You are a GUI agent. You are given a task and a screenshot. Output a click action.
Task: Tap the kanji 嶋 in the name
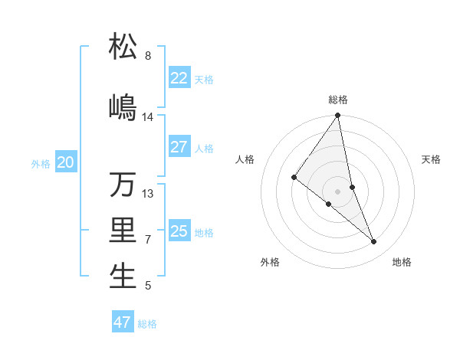(123, 106)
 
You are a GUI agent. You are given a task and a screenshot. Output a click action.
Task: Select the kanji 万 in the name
(123, 184)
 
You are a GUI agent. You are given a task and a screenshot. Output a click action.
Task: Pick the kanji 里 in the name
(123, 231)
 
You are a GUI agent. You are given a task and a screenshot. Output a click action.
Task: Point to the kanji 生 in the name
(123, 277)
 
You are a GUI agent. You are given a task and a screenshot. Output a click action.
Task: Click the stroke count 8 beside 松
(148, 56)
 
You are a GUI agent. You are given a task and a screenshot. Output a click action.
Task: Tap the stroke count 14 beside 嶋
(148, 117)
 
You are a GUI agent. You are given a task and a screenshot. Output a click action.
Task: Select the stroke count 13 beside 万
(148, 194)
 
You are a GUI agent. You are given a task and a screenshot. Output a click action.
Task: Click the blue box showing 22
(179, 78)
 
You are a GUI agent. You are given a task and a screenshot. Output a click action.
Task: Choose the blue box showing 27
(179, 147)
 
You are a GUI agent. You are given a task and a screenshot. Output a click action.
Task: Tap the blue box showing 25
(179, 231)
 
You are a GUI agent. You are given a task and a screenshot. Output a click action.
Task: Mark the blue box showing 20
(66, 162)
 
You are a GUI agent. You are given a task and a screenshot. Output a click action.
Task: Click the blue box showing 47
(123, 322)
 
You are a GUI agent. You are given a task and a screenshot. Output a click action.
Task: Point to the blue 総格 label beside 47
(147, 324)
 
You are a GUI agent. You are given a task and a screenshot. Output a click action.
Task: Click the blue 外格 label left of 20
(41, 163)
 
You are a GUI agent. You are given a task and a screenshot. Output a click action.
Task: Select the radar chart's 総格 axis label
(338, 100)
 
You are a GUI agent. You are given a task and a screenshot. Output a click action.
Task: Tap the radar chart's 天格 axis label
(432, 159)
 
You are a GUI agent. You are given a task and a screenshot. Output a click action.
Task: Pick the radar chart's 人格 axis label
(245, 159)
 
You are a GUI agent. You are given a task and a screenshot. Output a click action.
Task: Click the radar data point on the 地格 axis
(374, 242)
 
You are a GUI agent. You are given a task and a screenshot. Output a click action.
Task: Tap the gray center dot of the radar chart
(338, 191)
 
